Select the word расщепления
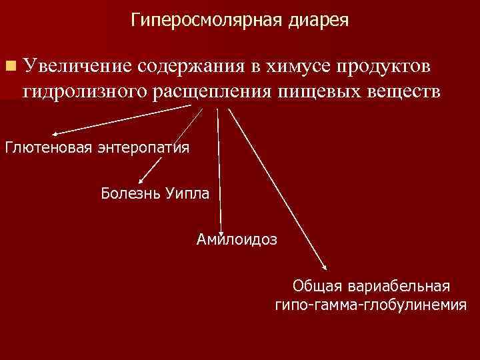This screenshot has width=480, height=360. (212, 90)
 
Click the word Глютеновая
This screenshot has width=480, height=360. (49, 147)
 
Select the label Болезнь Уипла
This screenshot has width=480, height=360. (155, 194)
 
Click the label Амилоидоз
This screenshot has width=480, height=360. (237, 238)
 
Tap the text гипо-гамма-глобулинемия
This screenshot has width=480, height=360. (370, 306)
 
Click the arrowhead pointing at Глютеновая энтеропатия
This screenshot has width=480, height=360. (55, 133)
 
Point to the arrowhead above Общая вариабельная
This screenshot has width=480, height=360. (325, 267)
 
